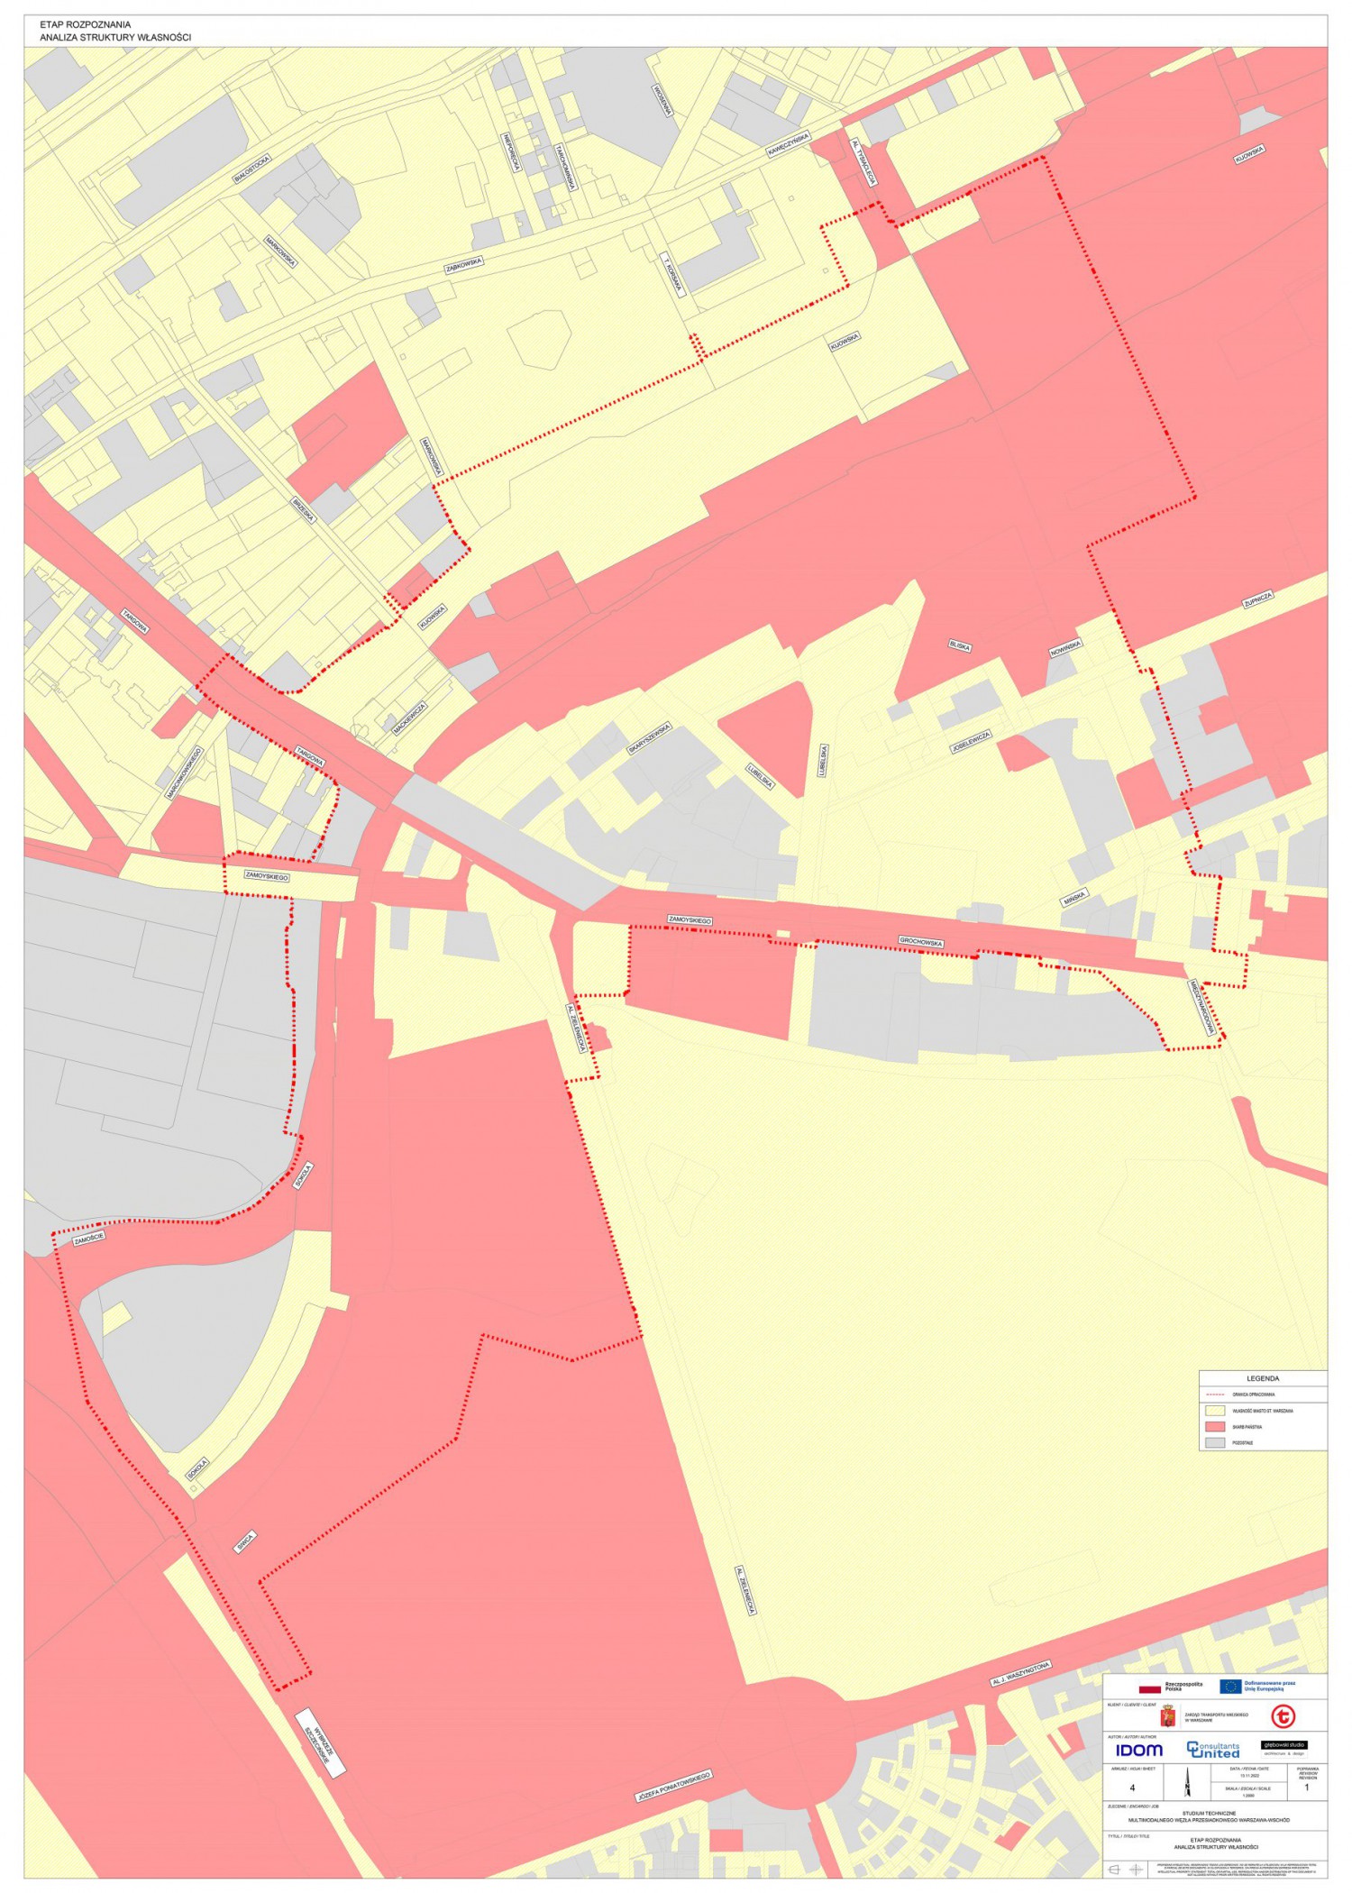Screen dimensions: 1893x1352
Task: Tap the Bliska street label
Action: click(x=959, y=645)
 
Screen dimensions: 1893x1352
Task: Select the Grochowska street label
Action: click(x=920, y=942)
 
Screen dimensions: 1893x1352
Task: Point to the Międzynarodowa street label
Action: click(x=1202, y=1007)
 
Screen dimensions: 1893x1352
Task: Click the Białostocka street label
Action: click(x=251, y=169)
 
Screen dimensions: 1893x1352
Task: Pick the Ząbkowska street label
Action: click(x=464, y=264)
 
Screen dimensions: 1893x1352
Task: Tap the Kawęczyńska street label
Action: click(x=788, y=145)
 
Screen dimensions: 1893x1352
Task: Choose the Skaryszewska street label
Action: click(x=649, y=737)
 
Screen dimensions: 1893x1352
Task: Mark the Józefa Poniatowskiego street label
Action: click(x=673, y=1786)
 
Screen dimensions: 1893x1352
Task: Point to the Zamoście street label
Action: click(x=89, y=1239)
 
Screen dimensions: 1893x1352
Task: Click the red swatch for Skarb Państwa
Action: click(x=1215, y=1427)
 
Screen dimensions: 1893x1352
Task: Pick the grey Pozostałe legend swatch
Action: click(x=1215, y=1443)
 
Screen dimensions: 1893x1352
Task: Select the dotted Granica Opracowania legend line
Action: click(x=1215, y=1395)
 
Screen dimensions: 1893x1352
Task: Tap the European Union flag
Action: click(x=1230, y=1687)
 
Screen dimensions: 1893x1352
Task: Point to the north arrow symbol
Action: click(x=1188, y=1782)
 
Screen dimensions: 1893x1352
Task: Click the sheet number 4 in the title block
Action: click(x=1132, y=1788)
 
